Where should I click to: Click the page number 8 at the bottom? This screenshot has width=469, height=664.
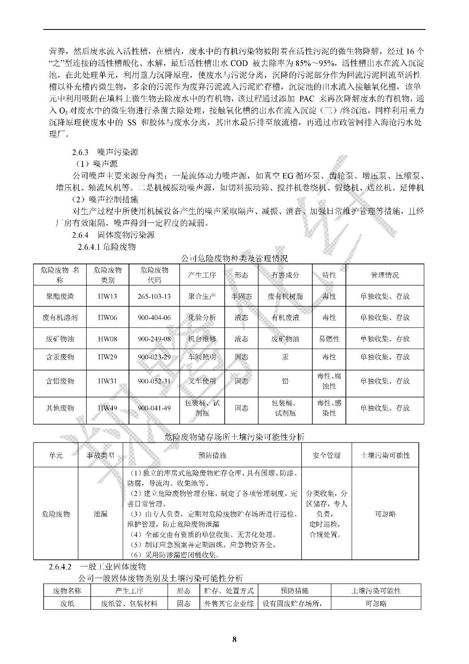click(x=234, y=640)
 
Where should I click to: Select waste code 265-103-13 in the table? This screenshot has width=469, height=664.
click(x=154, y=296)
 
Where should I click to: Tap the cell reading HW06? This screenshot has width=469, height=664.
click(x=107, y=317)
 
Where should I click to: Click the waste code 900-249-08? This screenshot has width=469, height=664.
click(x=154, y=339)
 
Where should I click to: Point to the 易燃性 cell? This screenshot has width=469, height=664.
click(x=329, y=339)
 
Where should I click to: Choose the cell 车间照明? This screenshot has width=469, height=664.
click(x=202, y=357)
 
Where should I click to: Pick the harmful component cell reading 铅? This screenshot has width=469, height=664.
click(x=285, y=381)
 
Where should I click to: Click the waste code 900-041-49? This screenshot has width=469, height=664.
click(x=154, y=408)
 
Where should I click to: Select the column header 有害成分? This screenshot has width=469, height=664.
click(x=285, y=275)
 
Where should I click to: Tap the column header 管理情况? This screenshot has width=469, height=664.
click(x=384, y=275)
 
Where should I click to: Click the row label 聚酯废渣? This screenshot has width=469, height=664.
click(x=60, y=296)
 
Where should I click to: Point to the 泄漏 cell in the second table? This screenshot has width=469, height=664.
click(x=100, y=514)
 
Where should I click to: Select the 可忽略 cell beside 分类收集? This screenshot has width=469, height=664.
click(x=385, y=514)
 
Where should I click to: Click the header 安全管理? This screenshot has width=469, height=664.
click(x=326, y=455)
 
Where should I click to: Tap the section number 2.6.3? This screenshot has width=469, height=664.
click(x=80, y=152)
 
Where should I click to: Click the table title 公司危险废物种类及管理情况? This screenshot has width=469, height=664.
click(x=234, y=259)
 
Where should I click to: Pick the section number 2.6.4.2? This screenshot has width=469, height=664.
click(x=61, y=566)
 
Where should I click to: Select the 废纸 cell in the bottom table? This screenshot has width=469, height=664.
click(x=67, y=604)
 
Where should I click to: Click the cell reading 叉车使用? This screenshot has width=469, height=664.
click(x=202, y=381)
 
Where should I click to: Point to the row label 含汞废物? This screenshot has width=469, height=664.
click(x=60, y=357)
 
